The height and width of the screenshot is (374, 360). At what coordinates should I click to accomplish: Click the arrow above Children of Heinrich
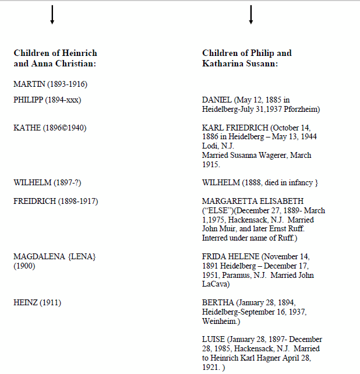tap(52, 15)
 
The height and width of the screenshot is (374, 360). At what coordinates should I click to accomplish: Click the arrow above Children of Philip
tap(251, 15)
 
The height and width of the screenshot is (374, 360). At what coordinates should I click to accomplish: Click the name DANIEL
tap(217, 100)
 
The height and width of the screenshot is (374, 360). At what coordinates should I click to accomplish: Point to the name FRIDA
tap(214, 257)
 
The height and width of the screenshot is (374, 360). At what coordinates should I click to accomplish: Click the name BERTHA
tap(218, 302)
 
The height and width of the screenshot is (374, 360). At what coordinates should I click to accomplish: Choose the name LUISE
tap(213, 340)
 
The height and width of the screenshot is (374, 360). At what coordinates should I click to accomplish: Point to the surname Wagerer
tap(274, 156)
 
